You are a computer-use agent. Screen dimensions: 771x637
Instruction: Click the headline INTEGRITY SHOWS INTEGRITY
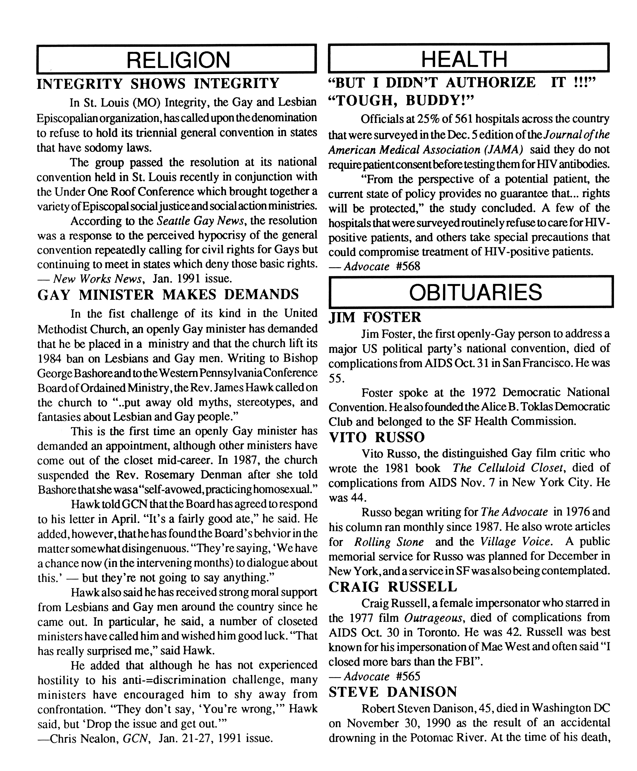click(x=158, y=84)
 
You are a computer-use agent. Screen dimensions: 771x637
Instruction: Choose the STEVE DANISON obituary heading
click(x=393, y=692)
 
